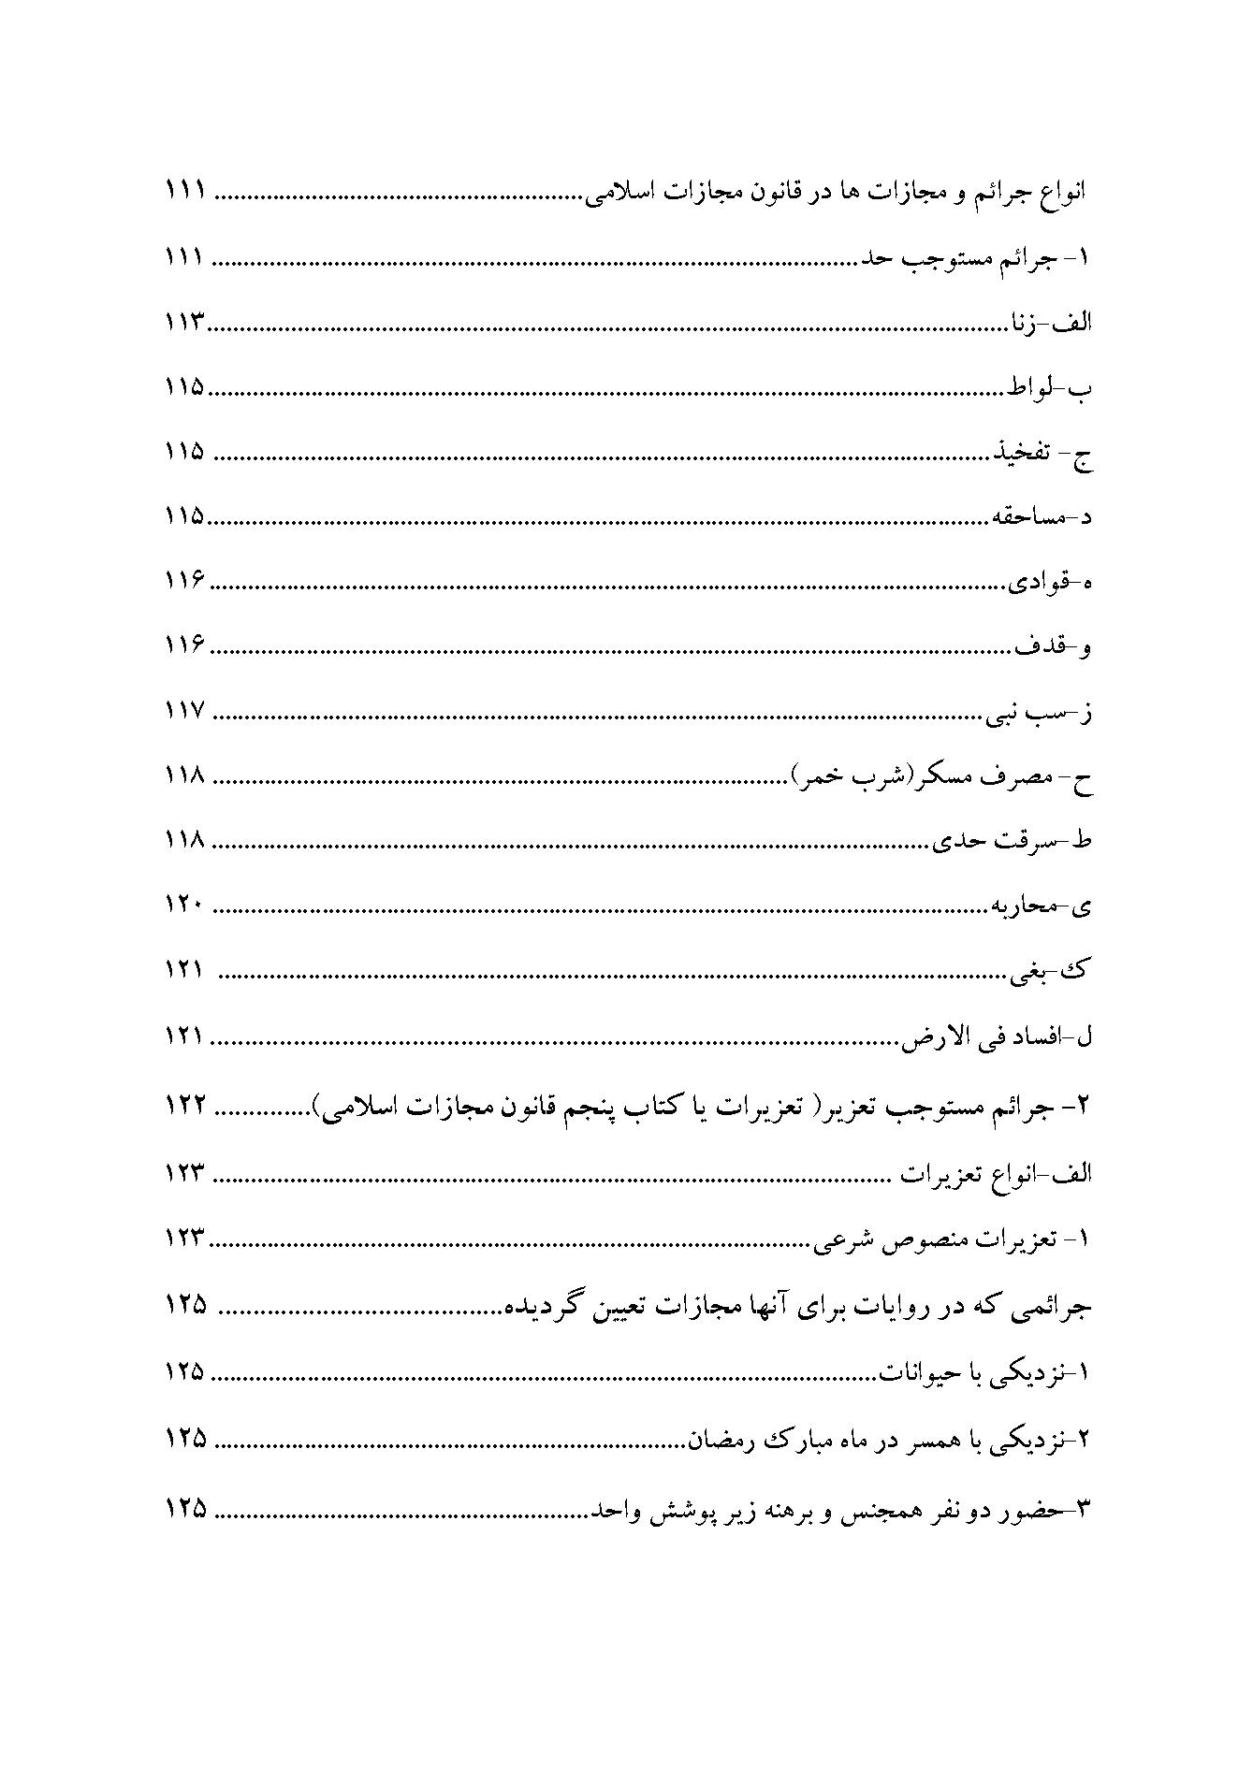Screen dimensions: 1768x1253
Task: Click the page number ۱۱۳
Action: click(x=185, y=324)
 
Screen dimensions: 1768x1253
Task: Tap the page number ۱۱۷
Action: click(x=185, y=712)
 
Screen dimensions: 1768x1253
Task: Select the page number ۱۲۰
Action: click(x=185, y=906)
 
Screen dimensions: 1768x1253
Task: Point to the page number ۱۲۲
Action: click(x=185, y=1106)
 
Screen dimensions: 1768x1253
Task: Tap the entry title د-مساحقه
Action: click(x=1042, y=517)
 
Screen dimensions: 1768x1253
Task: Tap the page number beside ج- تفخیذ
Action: click(x=185, y=453)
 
